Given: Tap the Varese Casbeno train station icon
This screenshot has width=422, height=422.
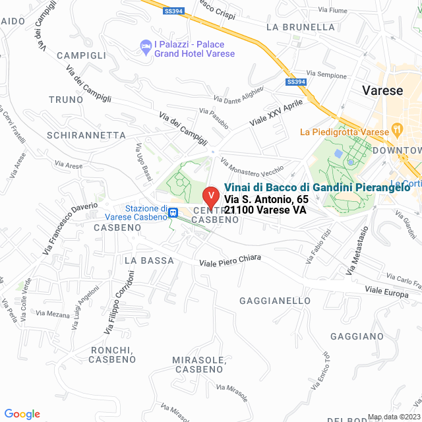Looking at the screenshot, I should coord(173,212).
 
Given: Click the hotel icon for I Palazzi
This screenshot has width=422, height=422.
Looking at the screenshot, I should coord(145,46).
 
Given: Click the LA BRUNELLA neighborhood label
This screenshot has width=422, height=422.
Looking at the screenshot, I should coord(301,27).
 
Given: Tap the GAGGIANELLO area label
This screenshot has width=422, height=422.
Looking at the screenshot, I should coord(275,301).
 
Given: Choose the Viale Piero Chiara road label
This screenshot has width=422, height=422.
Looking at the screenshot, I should coord(226,262).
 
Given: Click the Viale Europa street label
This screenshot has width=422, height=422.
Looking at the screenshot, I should coord(386,292).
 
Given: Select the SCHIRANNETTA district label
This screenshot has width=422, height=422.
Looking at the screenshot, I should coord(86,135).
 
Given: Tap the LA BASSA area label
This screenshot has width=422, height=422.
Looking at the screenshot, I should coord(149,260).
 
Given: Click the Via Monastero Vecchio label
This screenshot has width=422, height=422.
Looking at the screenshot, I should coord(252,169).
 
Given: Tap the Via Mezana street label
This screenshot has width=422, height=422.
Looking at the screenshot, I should coord(53,315).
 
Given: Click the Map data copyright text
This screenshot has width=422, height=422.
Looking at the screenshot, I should coord(392,416).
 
